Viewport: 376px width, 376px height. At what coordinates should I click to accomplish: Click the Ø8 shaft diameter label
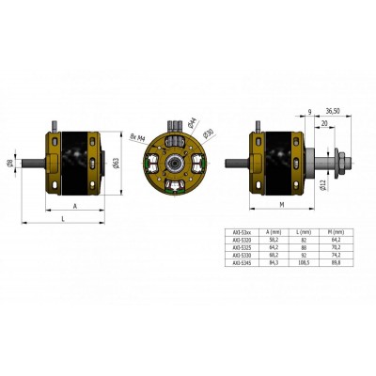point(11,163)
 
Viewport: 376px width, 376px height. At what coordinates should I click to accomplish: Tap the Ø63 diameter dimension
point(115,162)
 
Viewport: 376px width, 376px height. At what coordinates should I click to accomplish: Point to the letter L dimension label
point(62,216)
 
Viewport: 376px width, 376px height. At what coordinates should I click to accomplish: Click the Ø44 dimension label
point(192,121)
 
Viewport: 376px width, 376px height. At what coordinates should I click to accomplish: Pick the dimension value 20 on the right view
point(323,122)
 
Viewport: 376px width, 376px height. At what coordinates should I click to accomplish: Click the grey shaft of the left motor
point(30,163)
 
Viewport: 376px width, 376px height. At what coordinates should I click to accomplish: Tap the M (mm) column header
point(335,230)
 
